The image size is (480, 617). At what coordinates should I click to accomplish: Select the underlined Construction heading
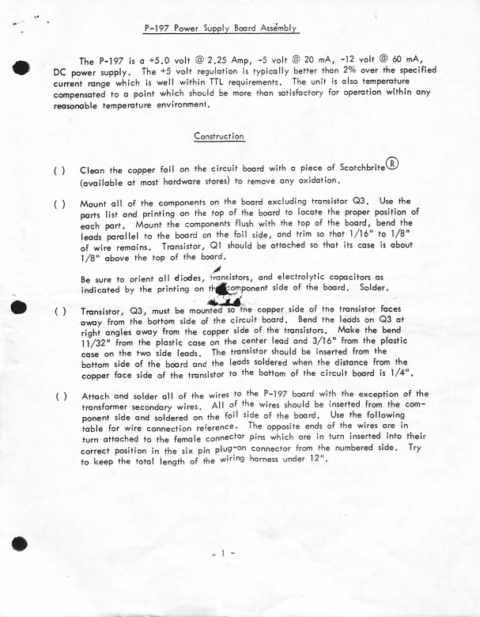(219, 135)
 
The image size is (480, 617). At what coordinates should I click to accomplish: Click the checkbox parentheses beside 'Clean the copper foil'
(59, 171)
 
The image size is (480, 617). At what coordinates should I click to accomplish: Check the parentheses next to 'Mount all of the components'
(59, 203)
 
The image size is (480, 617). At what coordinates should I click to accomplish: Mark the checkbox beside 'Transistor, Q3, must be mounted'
(59, 312)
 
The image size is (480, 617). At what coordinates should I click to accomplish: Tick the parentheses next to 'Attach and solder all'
(59, 395)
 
